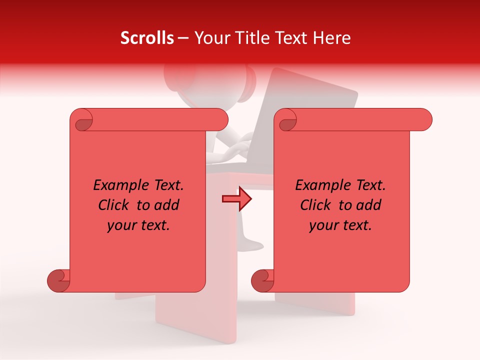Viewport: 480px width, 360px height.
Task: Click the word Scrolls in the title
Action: (147, 38)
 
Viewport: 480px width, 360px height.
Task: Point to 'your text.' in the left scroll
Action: (138, 225)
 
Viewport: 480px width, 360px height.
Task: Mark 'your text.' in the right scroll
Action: (340, 225)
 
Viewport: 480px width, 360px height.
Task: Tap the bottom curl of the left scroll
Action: (59, 281)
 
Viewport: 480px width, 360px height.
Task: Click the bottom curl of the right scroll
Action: (262, 281)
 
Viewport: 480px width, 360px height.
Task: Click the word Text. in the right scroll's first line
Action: (370, 185)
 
